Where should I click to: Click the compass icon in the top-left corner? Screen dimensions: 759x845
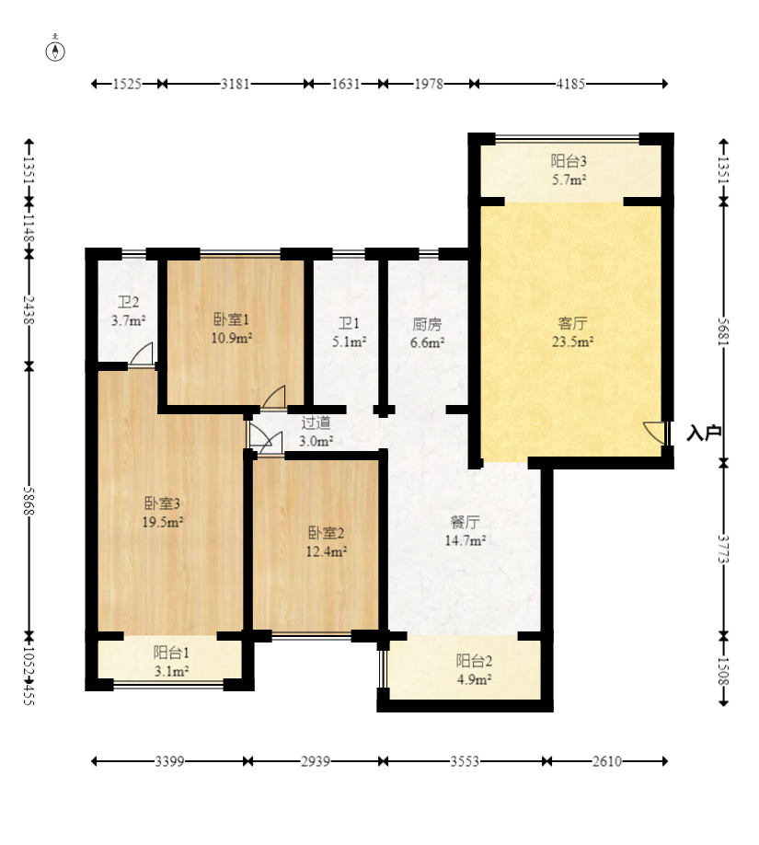55,51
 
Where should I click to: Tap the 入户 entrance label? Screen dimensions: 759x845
703,433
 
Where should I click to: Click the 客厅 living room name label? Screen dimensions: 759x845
572,323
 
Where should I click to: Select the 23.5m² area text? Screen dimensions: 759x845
572,341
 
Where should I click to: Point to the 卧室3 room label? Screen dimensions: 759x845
162,504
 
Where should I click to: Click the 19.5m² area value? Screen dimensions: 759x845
162,522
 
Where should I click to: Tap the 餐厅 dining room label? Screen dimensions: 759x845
465,522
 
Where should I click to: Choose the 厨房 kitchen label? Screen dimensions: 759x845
427,324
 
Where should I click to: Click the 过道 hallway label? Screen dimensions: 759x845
316,422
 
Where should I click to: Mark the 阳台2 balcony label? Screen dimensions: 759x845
474,661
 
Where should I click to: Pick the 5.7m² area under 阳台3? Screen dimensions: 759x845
569,180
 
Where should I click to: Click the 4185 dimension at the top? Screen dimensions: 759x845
570,84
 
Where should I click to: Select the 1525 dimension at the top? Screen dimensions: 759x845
127,84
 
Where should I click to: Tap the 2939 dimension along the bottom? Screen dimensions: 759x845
316,761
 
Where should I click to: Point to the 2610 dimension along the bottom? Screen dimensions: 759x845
607,761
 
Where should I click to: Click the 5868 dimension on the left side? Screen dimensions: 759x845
29,501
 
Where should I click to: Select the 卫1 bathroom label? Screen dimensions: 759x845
349,323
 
